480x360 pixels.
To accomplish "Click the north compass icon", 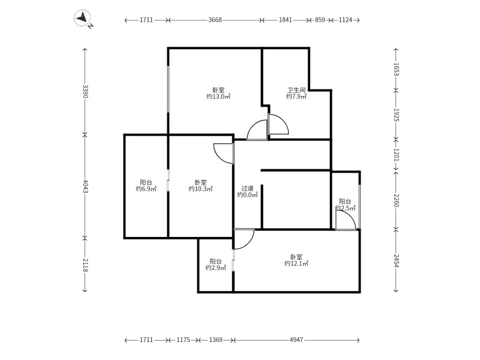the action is click(x=83, y=19).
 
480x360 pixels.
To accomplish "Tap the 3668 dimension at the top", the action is click(x=215, y=20).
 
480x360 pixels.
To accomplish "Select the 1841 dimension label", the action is click(x=286, y=20).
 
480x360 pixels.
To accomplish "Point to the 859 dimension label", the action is click(x=320, y=20).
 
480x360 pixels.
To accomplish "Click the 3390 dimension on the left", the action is click(x=85, y=91).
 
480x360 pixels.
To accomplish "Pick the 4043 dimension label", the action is click(x=85, y=186).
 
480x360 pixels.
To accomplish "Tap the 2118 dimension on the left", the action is click(x=85, y=265).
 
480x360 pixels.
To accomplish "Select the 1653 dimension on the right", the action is click(x=397, y=69).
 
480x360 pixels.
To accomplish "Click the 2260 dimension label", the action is click(x=397, y=200).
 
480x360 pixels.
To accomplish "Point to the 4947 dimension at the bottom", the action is click(x=296, y=340).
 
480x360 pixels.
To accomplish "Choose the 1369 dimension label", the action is click(x=215, y=340).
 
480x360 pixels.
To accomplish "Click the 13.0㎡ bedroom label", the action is click(x=218, y=94).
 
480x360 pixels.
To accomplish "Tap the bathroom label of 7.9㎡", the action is click(x=296, y=94).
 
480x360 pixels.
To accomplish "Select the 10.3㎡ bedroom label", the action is click(x=200, y=186).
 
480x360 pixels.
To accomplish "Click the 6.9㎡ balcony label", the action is click(x=146, y=186).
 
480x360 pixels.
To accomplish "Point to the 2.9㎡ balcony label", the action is click(x=215, y=265).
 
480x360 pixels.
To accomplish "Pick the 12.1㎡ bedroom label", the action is click(x=296, y=260).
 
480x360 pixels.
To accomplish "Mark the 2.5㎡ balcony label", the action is click(x=346, y=205).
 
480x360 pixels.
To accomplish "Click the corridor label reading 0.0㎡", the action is click(x=247, y=191).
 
